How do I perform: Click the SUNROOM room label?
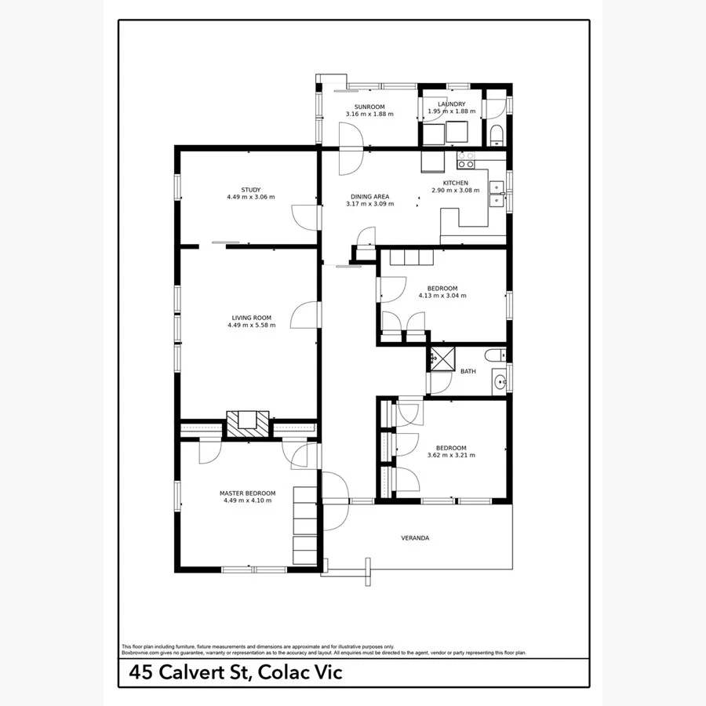pos(369,106)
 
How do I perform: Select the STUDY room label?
pos(250,189)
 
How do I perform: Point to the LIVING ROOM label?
pos(251,317)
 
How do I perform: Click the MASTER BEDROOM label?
pos(247,493)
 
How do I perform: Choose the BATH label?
pos(468,372)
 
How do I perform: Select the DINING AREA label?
pos(369,196)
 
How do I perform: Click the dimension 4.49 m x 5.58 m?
pos(251,325)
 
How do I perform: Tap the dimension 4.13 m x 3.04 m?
pos(442,296)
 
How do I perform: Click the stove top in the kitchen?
pos(466,160)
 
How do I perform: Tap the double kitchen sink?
pos(497,193)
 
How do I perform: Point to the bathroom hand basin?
pos(499,384)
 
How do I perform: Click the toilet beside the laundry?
pos(496,136)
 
